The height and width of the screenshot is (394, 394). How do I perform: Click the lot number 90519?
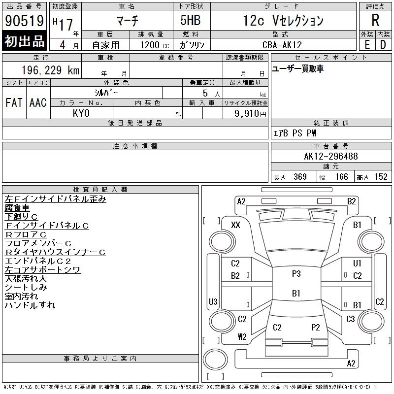coord(24,21)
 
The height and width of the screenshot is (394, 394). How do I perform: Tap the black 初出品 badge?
coord(24,41)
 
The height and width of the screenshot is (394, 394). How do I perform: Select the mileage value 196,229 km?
coord(50,70)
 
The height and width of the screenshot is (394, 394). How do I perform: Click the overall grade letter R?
coord(375,20)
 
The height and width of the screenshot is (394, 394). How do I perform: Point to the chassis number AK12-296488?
coord(331,156)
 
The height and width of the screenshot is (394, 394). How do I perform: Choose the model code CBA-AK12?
coord(282,45)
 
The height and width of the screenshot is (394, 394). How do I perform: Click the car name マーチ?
coord(128,20)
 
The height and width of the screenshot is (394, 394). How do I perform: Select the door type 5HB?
coord(191,20)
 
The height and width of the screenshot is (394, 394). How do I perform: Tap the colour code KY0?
coord(81,113)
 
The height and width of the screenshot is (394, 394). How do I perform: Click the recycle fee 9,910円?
coord(250,114)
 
